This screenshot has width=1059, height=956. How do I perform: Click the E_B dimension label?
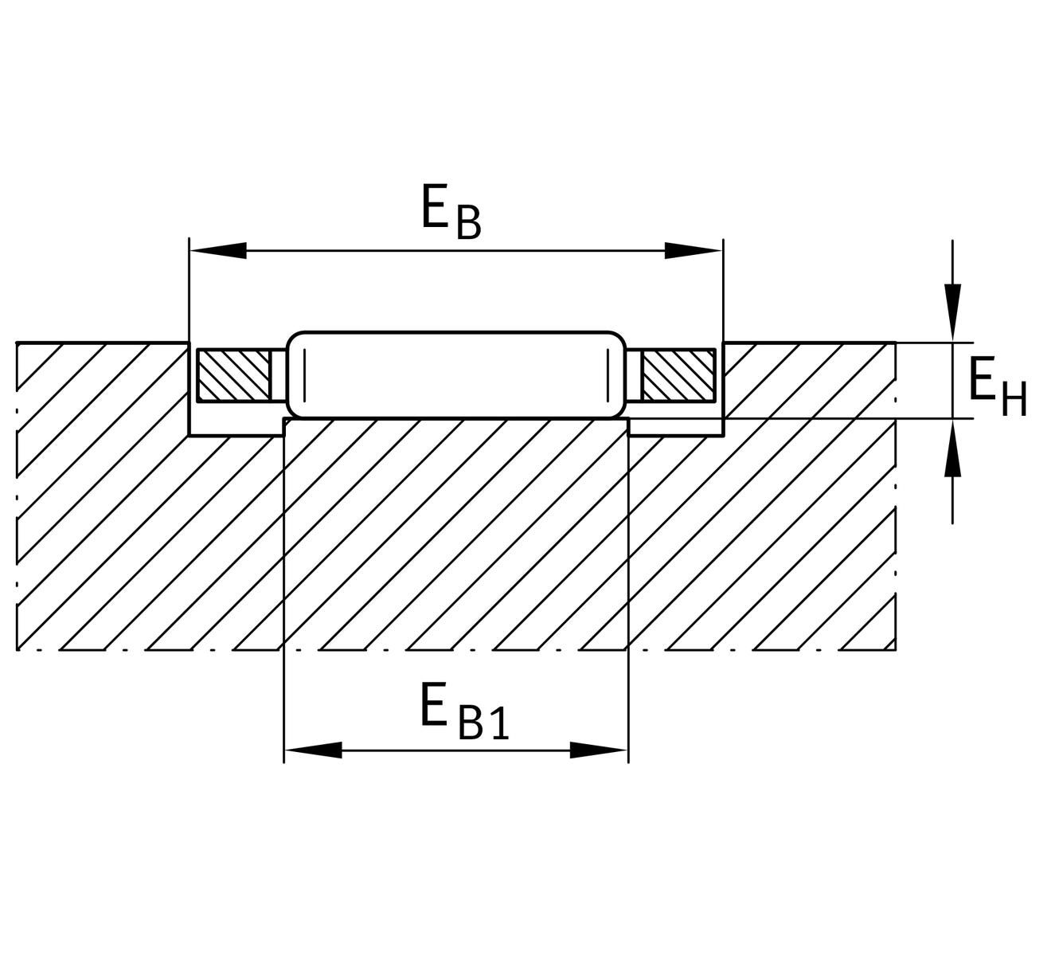(x=452, y=211)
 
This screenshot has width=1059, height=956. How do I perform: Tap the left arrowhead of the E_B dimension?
(x=218, y=250)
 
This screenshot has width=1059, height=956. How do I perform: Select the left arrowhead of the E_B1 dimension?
(x=314, y=750)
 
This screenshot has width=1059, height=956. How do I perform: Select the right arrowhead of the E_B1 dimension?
(x=600, y=750)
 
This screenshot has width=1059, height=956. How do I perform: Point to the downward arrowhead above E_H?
(x=952, y=312)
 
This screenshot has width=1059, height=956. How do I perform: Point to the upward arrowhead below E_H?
(x=952, y=448)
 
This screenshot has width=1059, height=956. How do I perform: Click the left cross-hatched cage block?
(x=234, y=375)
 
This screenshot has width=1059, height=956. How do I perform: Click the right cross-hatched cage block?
(x=679, y=375)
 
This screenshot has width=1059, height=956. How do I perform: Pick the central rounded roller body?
(x=456, y=375)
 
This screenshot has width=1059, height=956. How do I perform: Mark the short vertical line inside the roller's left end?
(x=305, y=375)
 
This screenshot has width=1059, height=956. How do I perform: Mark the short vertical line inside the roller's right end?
(x=608, y=375)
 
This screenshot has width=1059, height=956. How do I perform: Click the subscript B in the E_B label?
(x=469, y=222)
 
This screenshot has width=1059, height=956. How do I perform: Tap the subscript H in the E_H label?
(x=1014, y=399)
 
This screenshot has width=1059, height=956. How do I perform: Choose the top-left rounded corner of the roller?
(x=295, y=341)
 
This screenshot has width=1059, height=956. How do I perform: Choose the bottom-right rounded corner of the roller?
(x=617, y=409)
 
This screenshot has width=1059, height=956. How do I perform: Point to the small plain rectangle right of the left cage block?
(x=279, y=375)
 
